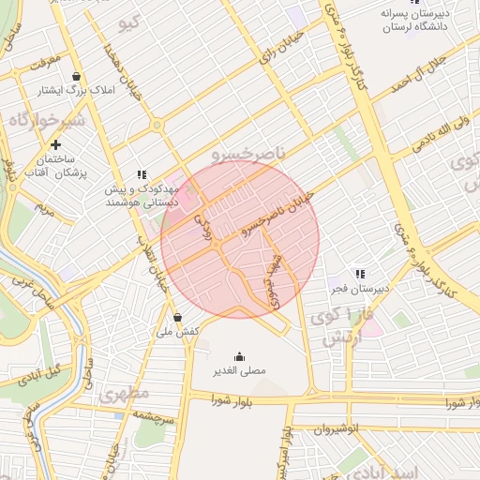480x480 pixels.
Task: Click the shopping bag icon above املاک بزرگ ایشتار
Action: (x=76, y=77)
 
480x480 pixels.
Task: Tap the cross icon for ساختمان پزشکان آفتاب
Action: (x=56, y=144)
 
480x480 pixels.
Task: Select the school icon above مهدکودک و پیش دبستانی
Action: (x=142, y=174)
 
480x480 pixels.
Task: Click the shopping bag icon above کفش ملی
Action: (x=177, y=317)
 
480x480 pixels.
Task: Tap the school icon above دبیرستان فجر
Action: (x=360, y=273)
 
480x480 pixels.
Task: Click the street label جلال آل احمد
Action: (x=442, y=75)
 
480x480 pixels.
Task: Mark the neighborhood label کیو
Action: (x=132, y=21)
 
